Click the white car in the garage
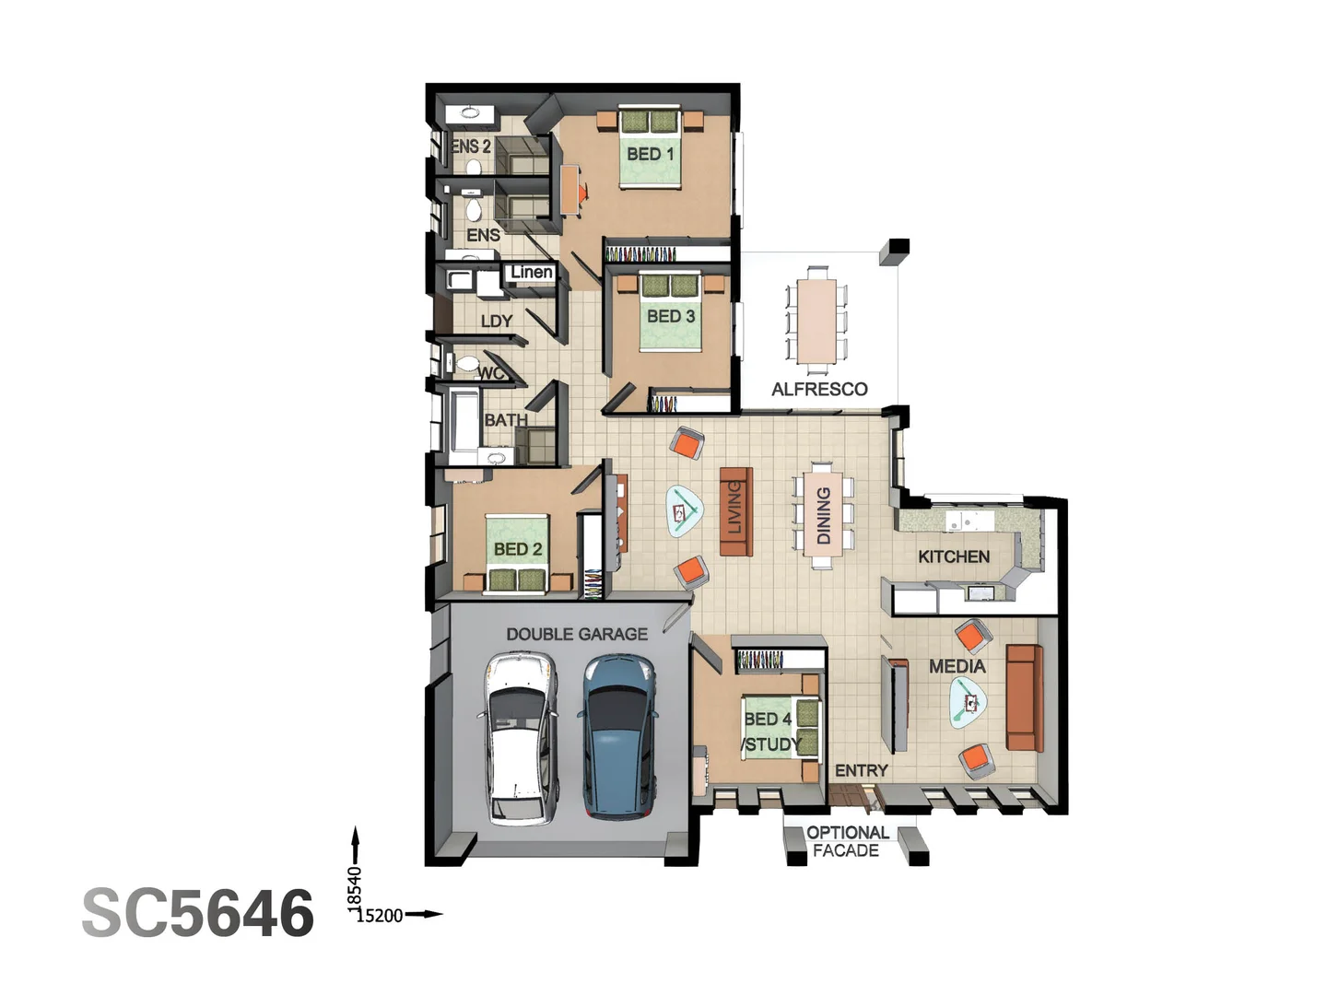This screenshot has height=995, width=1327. point(521,737)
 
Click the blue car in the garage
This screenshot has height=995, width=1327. point(618,737)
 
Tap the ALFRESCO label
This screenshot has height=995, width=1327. point(819,390)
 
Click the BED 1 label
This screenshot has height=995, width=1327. point(651,154)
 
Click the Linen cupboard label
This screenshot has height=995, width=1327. point(532,272)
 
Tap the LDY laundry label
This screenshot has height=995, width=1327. point(497,322)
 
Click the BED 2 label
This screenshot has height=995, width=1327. point(518,549)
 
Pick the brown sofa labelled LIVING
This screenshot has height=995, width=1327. point(735,511)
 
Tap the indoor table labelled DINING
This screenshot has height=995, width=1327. point(823,515)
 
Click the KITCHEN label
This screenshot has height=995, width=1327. point(954,556)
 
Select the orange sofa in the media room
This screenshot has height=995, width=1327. point(1024,697)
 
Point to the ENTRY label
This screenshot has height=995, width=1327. point(862,770)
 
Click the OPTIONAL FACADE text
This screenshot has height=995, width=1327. point(847,841)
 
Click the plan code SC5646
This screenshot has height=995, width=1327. point(198,913)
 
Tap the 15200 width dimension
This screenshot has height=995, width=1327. point(380,916)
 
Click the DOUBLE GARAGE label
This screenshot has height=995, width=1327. point(577,634)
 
